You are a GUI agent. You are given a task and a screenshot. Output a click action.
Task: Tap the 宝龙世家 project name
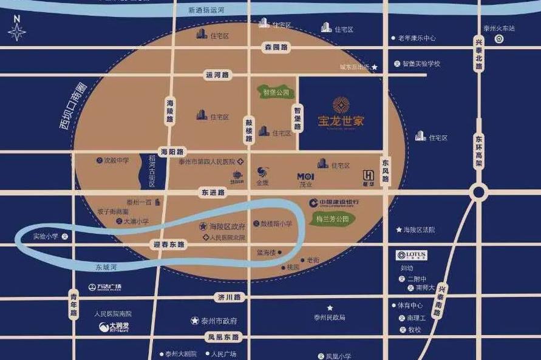click(341, 120)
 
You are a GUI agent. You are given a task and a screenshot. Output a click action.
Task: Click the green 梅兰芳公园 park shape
click(332, 219)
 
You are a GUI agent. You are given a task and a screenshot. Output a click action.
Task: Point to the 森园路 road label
click(276, 47)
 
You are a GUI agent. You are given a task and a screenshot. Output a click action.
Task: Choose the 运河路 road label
click(217, 75)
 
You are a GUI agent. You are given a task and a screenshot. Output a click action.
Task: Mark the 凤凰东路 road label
click(223, 337)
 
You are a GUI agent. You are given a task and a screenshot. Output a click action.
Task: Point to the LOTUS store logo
click(412, 255)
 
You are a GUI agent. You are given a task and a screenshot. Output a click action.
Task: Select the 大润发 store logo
click(114, 327)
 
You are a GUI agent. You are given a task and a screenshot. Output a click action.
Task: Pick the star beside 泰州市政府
click(195, 321)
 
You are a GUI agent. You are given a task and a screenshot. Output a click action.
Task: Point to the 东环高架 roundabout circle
click(478, 192)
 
